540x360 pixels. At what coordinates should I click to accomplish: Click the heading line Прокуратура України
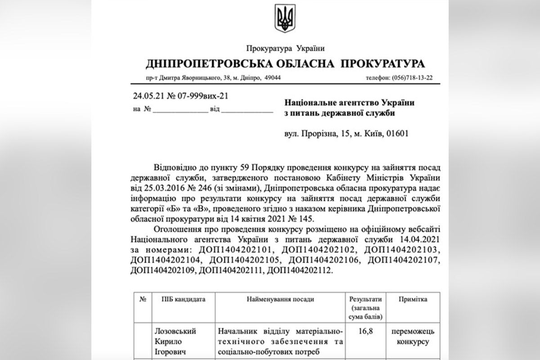285,48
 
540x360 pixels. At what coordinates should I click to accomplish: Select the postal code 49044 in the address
272,77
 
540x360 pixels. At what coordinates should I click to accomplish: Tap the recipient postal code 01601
396,134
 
